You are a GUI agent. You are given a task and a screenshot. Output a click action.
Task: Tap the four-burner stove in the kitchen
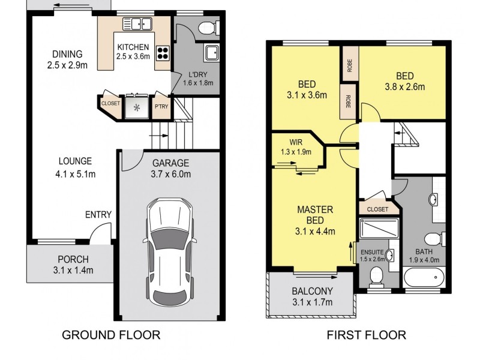162,52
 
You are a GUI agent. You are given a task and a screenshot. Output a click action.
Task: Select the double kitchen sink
137,25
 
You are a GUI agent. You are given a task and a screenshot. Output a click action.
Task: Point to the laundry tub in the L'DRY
212,53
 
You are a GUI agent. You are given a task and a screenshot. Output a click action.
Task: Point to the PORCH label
73,260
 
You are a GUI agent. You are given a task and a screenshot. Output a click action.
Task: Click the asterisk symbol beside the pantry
137,108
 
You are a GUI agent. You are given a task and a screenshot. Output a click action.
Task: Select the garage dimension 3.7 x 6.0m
171,175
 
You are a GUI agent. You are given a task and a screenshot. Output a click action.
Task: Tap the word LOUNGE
75,161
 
